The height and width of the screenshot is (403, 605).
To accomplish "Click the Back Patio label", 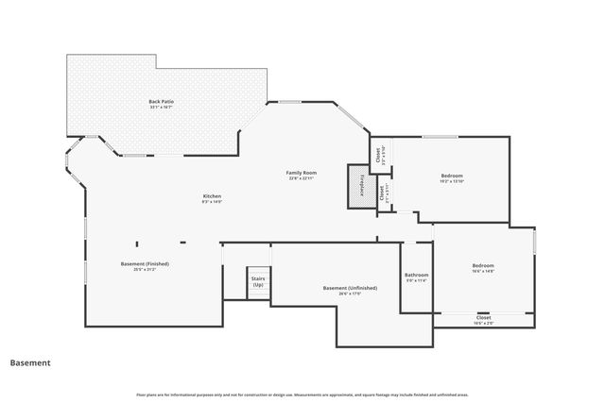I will click(162, 101).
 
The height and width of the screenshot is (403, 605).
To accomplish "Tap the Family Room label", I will click(302, 173).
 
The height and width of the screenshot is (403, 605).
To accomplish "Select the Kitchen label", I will click(212, 196).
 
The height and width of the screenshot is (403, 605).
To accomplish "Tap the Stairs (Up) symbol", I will click(257, 282).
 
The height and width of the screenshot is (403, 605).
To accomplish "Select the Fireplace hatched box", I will click(360, 186).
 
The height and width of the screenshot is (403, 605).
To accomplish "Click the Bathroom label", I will click(417, 275).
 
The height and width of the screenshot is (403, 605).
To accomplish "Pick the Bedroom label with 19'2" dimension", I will click(452, 176).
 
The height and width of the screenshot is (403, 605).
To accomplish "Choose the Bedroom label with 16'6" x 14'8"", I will click(483, 265).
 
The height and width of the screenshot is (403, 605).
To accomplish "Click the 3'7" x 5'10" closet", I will click(377, 157).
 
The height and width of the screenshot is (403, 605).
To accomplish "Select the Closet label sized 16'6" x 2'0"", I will click(483, 318).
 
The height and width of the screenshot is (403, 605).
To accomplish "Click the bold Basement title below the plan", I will click(30, 361).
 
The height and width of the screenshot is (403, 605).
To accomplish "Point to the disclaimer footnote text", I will click(302, 395).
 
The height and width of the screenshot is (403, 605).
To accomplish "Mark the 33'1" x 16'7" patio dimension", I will click(162, 107).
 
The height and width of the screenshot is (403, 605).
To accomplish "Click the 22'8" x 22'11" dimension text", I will click(302, 179).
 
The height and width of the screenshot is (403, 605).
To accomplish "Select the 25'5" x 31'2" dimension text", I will click(145, 269).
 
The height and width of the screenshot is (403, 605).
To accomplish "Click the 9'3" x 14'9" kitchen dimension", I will click(212, 202).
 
